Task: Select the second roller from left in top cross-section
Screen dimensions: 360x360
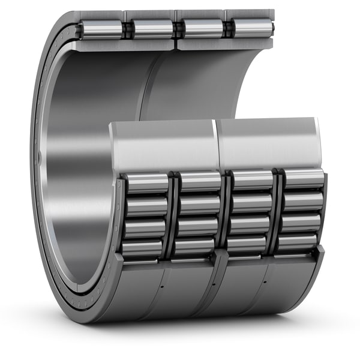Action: pos(152,28)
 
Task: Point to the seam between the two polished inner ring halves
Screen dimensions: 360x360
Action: pos(216,144)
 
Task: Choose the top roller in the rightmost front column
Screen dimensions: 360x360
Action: pos(304,179)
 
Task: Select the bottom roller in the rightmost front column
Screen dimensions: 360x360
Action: pos(298,241)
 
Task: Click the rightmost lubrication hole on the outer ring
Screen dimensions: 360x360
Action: pos(265,280)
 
